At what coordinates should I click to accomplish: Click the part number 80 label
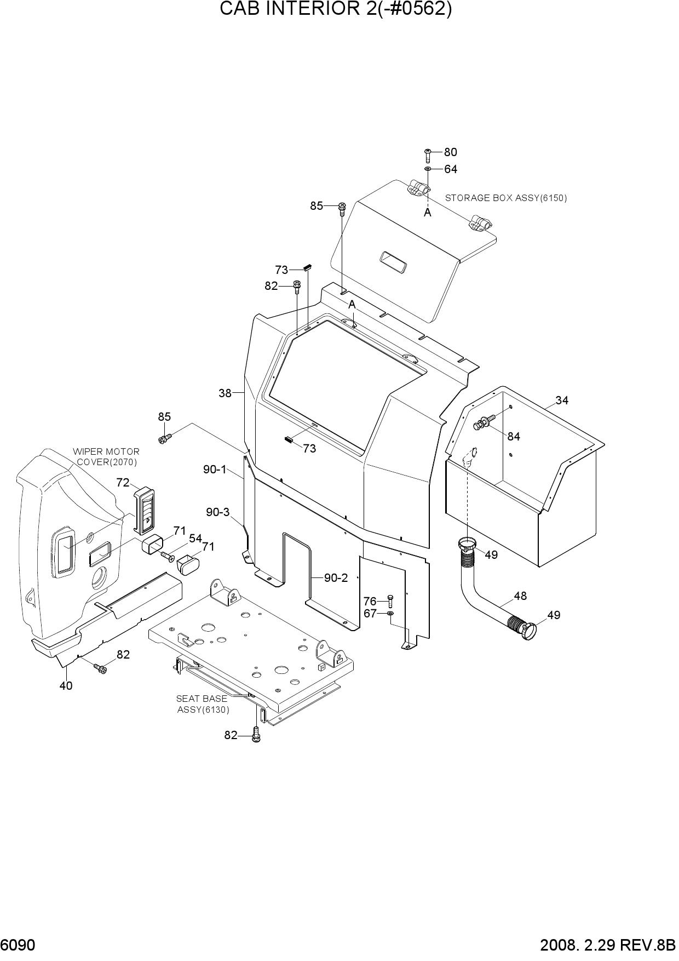point(450,152)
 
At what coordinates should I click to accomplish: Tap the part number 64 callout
point(451,169)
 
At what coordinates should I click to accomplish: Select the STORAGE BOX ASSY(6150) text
point(506,198)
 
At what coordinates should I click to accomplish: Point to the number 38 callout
point(225,393)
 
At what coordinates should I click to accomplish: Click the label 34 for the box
point(562,401)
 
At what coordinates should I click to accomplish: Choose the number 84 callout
point(514,437)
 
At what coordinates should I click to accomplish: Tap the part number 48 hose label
point(520,596)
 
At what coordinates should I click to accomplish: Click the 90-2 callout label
point(336,577)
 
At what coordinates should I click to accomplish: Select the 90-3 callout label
point(218,512)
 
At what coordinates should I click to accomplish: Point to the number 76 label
point(370,602)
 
